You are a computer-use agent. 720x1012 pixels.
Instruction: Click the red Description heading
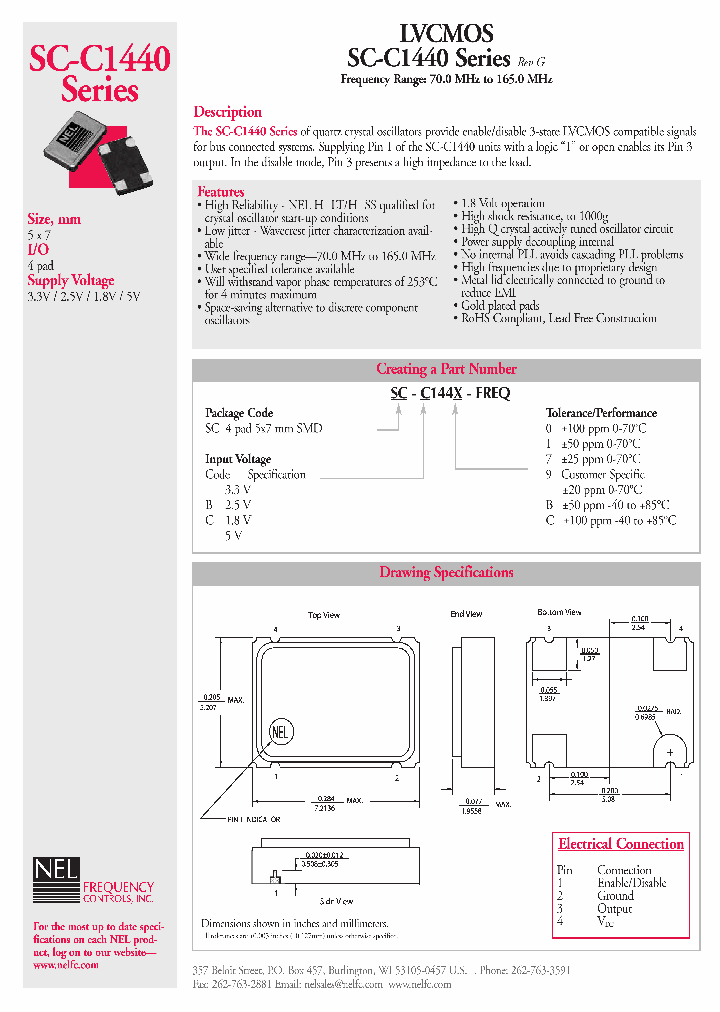coord(228,112)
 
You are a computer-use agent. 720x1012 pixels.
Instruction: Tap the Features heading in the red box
coord(221,191)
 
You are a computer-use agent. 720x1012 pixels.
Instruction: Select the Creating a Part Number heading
coord(446,369)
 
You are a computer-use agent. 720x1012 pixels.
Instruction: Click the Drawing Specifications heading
coord(446,573)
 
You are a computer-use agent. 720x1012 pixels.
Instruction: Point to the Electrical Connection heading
coord(621,844)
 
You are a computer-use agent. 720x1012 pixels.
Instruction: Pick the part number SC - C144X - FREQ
coord(450,393)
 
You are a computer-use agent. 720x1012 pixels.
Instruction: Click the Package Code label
coord(239,413)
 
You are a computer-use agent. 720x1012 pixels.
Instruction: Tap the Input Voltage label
coord(238,459)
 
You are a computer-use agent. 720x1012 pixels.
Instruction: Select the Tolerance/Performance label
coord(601,413)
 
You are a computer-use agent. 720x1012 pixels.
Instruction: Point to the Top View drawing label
coord(324,615)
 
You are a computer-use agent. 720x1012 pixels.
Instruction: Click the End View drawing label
coord(466,614)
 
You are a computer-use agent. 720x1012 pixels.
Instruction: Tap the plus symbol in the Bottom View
coord(669,750)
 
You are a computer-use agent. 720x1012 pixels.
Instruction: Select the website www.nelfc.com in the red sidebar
coord(66,965)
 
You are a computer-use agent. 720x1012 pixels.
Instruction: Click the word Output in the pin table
coord(614,909)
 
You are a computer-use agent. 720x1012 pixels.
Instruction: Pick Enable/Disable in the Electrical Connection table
coord(632,883)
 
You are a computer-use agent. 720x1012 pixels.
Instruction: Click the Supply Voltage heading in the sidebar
coord(70,281)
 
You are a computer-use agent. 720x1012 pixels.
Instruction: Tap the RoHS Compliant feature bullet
coord(558,318)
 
